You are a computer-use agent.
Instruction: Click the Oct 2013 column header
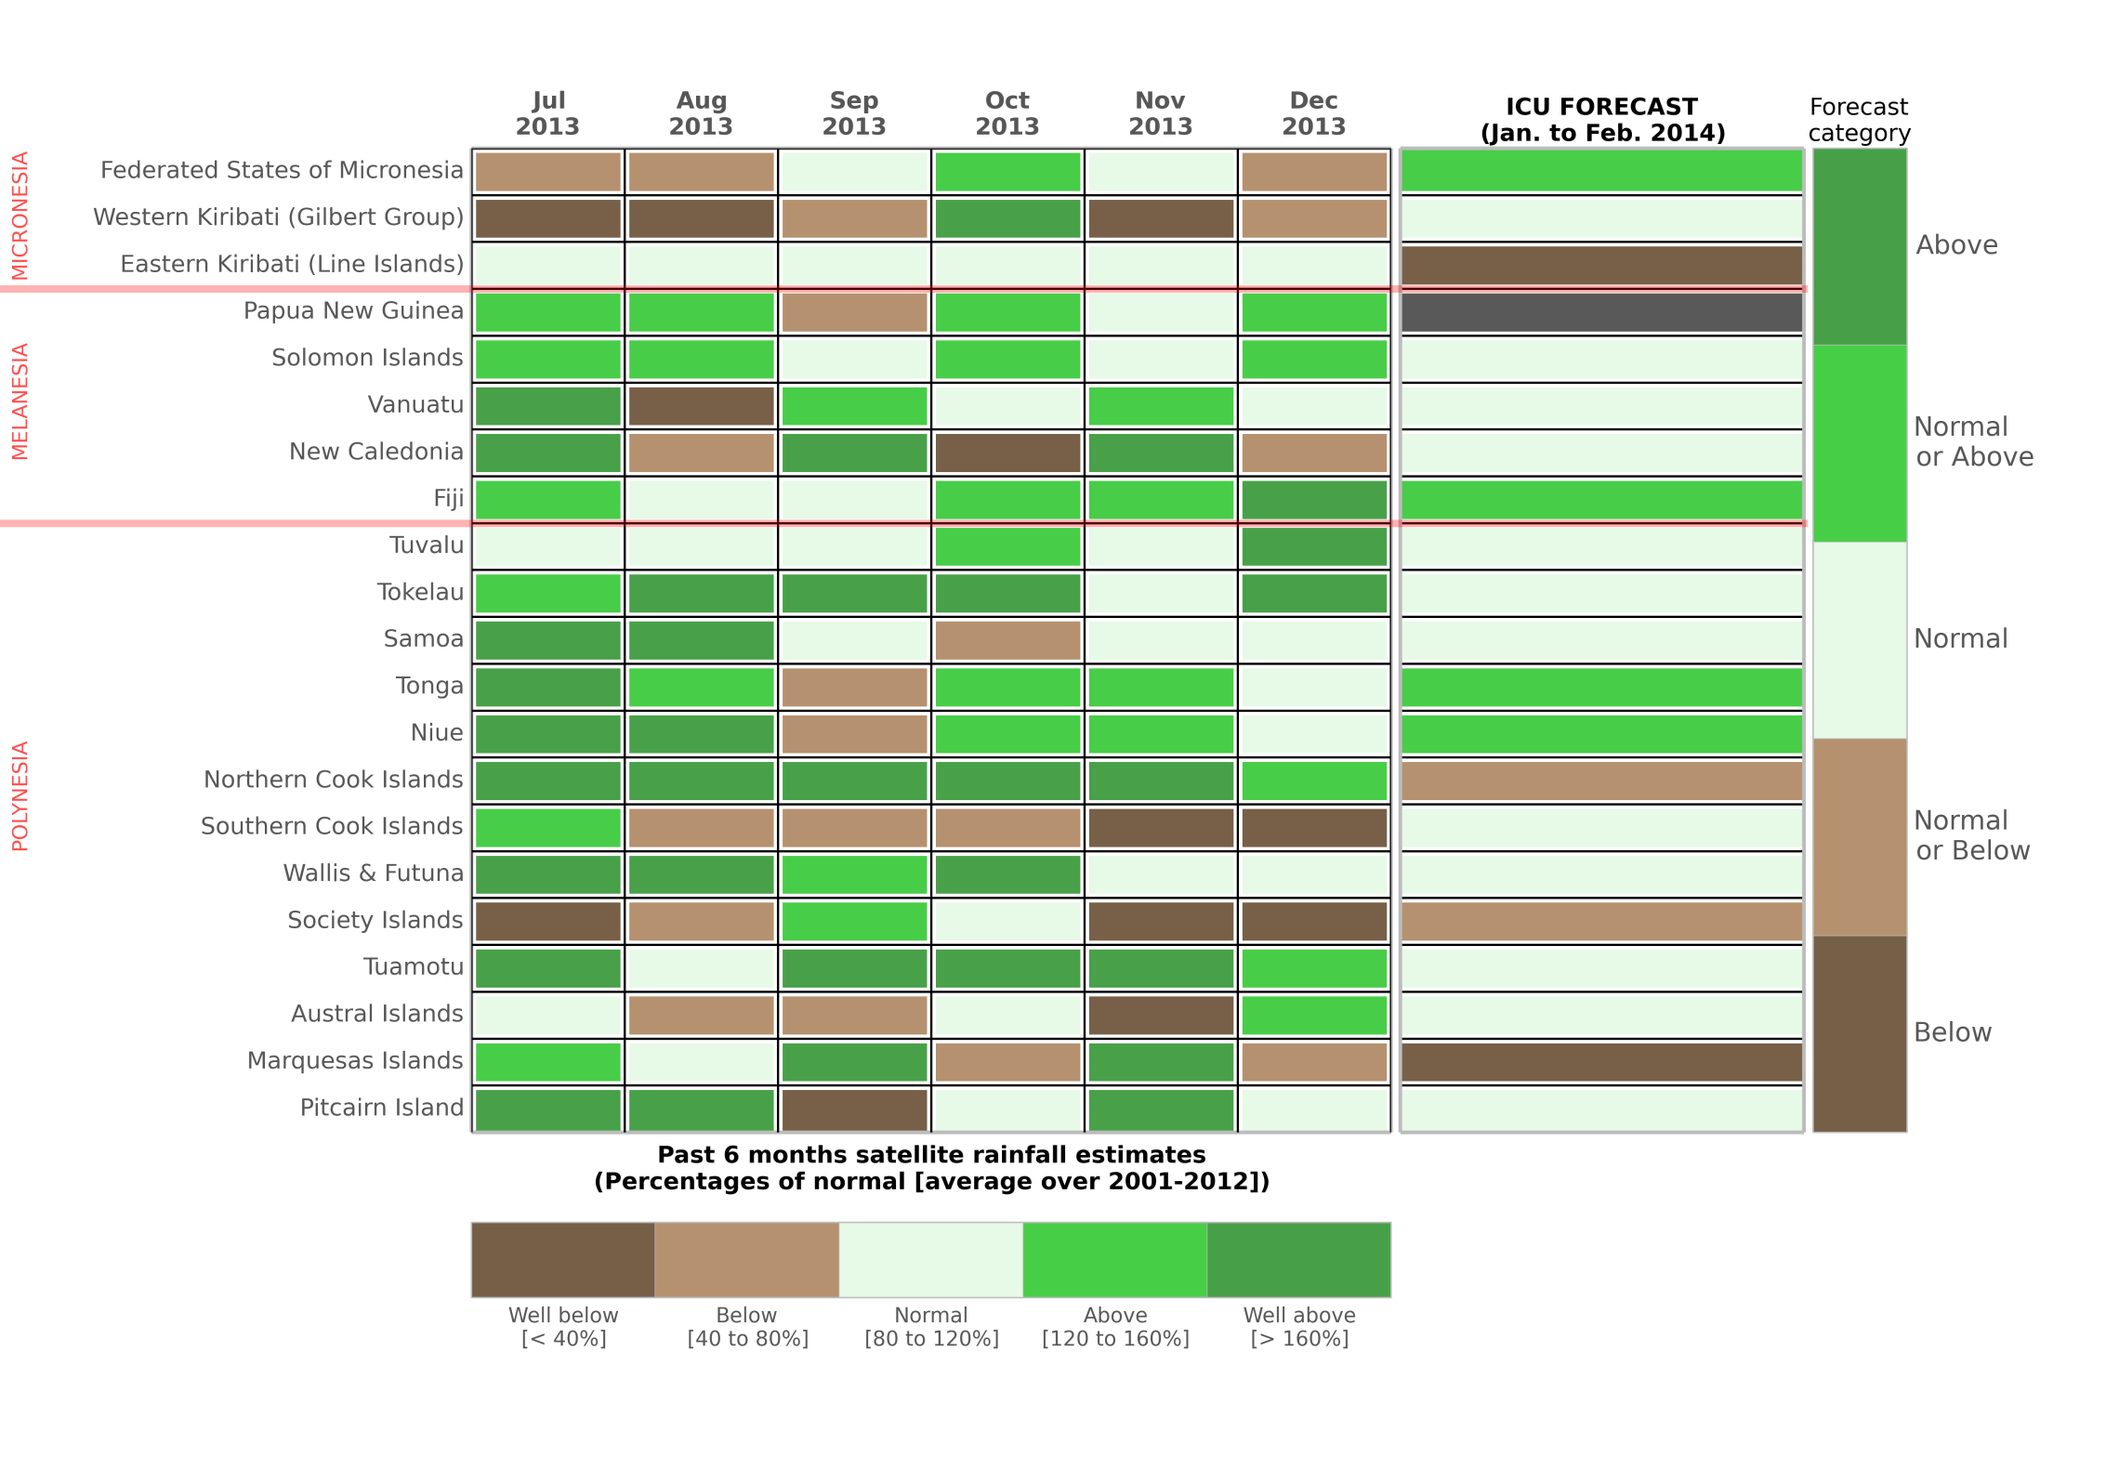pos(1007,113)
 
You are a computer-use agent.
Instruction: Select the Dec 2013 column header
pos(1313,113)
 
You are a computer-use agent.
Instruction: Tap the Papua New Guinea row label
pos(353,310)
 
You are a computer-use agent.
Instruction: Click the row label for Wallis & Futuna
pos(373,873)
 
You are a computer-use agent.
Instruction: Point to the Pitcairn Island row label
pos(381,1108)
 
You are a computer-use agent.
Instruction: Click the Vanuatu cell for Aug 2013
pos(701,406)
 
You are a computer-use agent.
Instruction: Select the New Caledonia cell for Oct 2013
pos(1007,453)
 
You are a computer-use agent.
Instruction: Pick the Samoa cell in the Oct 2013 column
pos(1007,640)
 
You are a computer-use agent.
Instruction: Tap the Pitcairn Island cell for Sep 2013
pos(854,1109)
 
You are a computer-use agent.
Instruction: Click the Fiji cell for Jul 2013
pos(547,500)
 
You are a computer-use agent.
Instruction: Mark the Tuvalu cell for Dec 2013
pos(1313,546)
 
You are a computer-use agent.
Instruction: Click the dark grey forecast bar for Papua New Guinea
pos(1601,312)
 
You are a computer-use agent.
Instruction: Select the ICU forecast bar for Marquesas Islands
pos(1601,1062)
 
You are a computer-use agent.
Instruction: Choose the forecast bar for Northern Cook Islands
pos(1601,781)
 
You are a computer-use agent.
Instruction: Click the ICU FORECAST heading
pos(1601,120)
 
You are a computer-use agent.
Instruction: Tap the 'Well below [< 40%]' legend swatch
pos(563,1259)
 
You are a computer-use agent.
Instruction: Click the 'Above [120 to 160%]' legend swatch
pos(1114,1259)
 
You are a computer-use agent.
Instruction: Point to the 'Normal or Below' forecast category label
pos(1971,835)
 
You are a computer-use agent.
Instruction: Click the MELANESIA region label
pos(20,401)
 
